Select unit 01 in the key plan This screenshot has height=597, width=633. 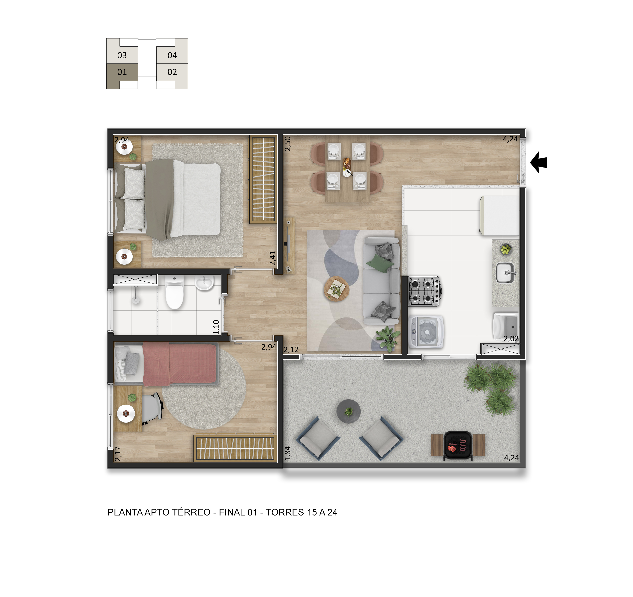(122, 72)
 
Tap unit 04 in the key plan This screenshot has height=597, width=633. (172, 55)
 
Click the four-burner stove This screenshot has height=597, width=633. (424, 291)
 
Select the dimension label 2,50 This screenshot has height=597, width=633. (288, 144)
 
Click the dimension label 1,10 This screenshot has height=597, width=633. (216, 327)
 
